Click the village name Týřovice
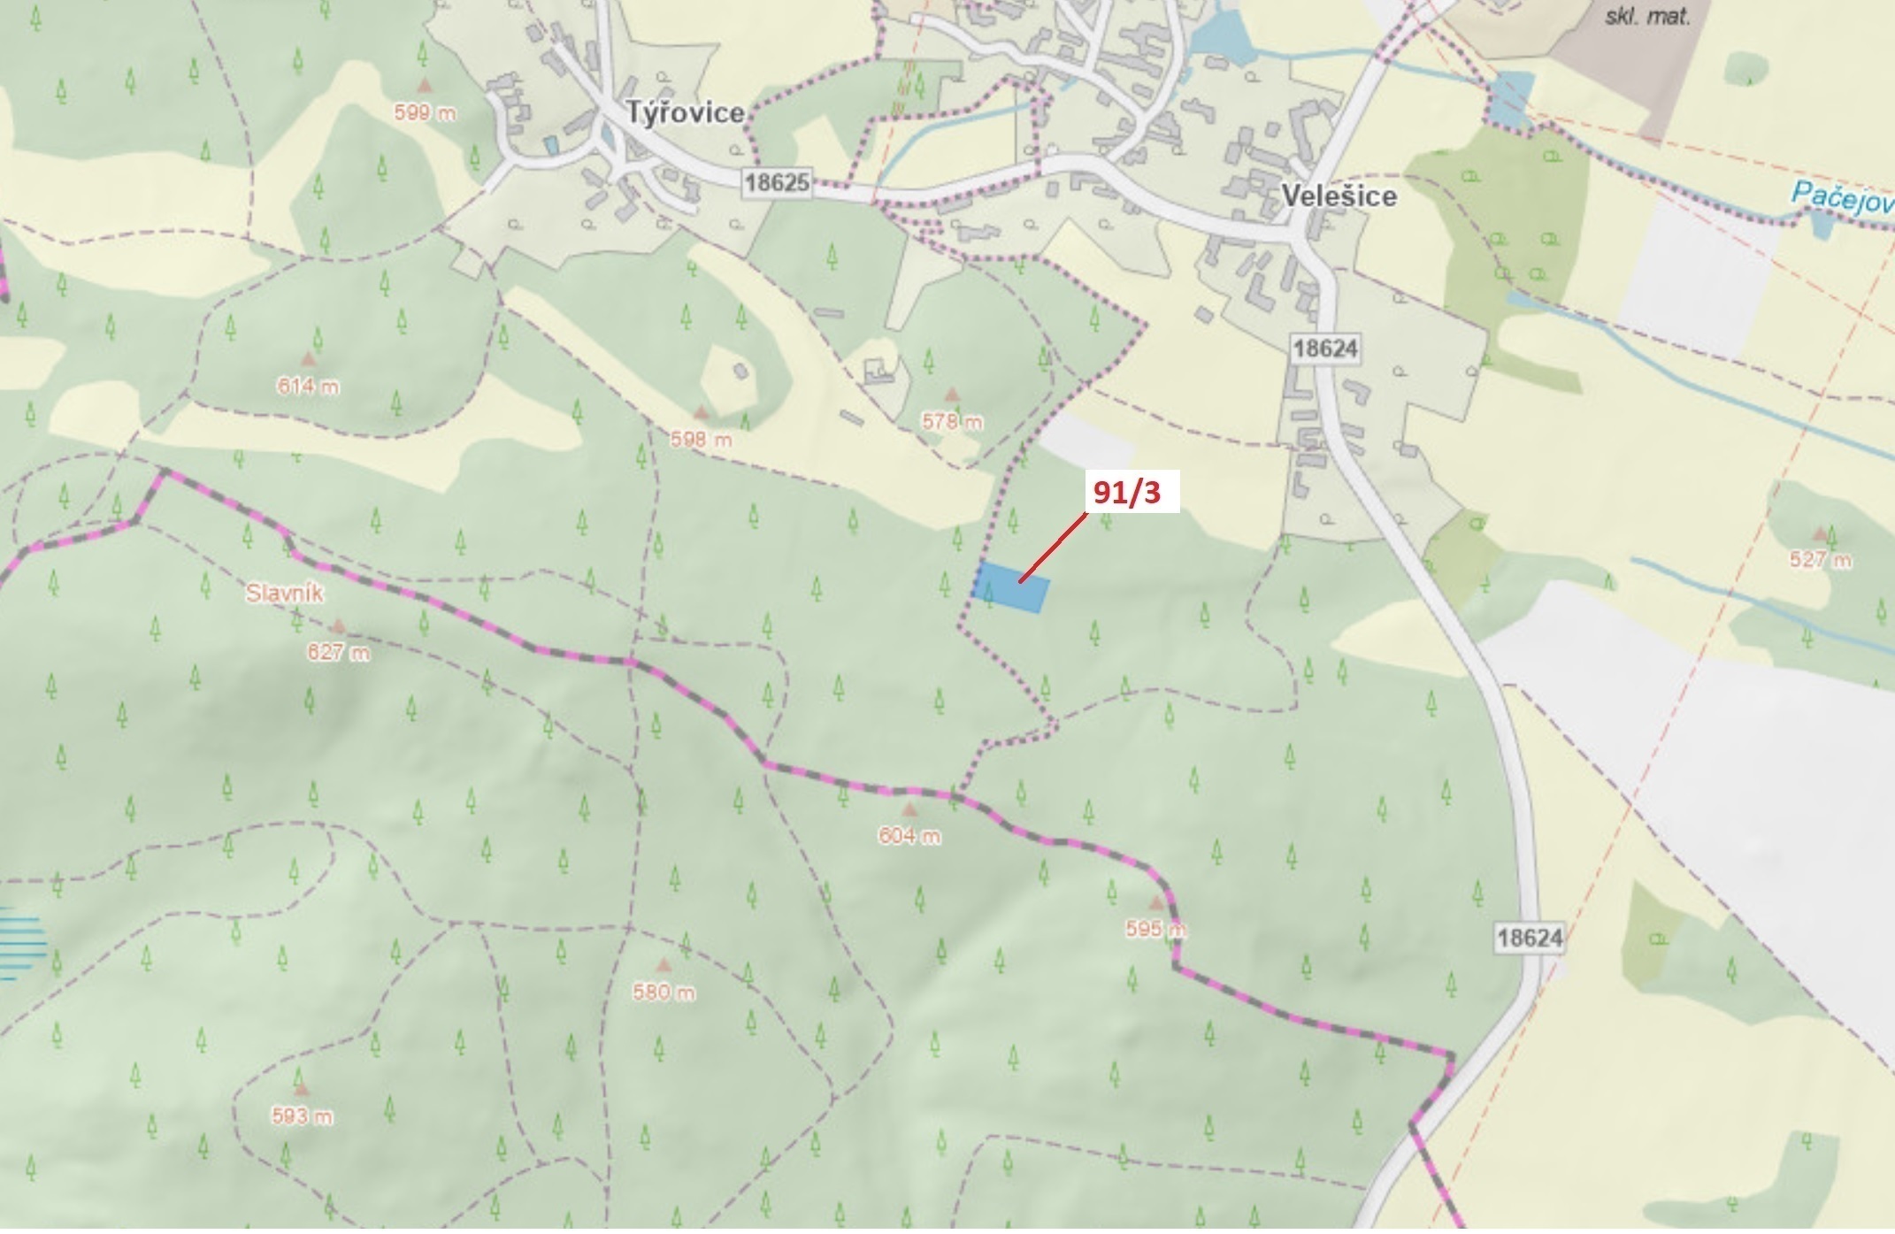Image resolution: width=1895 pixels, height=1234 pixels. (685, 113)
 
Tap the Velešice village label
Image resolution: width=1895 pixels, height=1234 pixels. (1339, 196)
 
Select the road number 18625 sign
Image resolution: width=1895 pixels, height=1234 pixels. (777, 183)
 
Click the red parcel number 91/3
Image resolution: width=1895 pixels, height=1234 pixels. (1126, 492)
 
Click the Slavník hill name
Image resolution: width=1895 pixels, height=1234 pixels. (284, 594)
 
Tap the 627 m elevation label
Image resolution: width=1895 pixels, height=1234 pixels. (338, 653)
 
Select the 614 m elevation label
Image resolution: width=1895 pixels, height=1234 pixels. (307, 386)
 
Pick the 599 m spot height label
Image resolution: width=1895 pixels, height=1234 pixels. (425, 112)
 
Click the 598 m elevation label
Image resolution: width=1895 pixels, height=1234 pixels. (701, 439)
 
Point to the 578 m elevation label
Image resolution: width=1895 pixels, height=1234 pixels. (952, 421)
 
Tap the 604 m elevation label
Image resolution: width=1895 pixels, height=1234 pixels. (909, 836)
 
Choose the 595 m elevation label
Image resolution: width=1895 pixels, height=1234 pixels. (1155, 929)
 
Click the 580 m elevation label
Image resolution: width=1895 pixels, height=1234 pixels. (664, 992)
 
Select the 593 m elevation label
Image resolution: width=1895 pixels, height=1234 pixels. (302, 1116)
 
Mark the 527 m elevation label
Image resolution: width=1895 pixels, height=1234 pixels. (1820, 560)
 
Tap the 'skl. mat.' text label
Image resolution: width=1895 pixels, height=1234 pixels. (1647, 16)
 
